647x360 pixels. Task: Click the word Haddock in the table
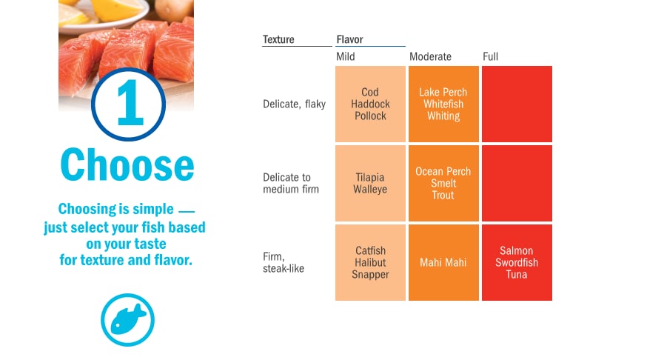(x=370, y=104)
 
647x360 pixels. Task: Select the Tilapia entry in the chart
(x=369, y=178)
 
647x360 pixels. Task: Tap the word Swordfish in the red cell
(x=517, y=262)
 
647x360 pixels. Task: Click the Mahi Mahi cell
(x=443, y=262)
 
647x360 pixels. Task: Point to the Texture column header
(x=278, y=40)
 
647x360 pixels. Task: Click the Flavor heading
(x=350, y=40)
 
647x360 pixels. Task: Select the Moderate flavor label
(x=430, y=56)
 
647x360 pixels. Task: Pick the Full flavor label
(x=490, y=56)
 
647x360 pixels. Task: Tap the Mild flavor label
(x=346, y=56)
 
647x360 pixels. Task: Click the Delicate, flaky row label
(x=294, y=104)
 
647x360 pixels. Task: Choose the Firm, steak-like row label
(x=284, y=262)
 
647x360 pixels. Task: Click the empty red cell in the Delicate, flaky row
(x=517, y=104)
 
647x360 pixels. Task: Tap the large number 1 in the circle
(x=130, y=103)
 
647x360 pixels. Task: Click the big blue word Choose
(x=127, y=164)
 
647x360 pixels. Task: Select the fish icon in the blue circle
(x=128, y=319)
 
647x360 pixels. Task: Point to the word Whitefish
(x=443, y=104)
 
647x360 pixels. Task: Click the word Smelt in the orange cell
(x=443, y=183)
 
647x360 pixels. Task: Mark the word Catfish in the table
(x=371, y=250)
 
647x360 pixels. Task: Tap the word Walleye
(x=370, y=190)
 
